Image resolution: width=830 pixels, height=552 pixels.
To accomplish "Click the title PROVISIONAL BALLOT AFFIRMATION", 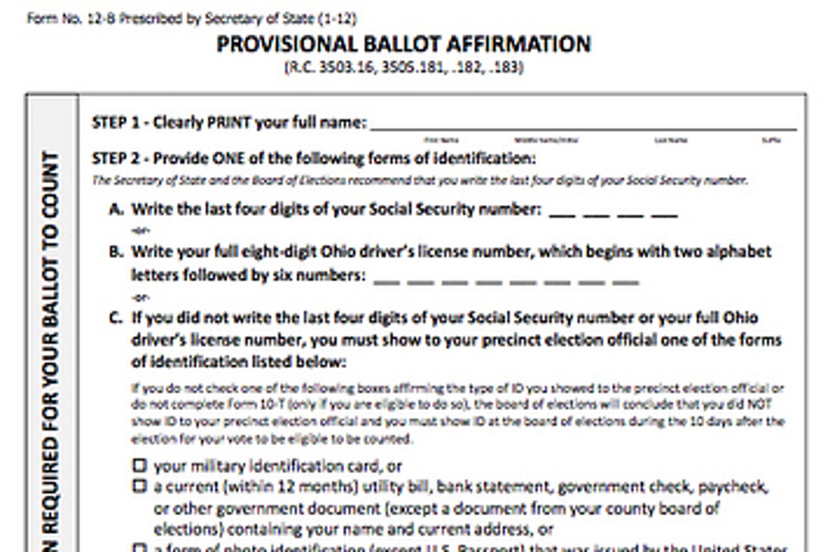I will [403, 44].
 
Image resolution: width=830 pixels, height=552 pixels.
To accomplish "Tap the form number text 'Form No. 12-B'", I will [70, 19].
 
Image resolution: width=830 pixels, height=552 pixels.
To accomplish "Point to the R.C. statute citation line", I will [403, 68].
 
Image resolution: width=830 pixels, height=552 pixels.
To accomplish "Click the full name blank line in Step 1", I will [583, 127].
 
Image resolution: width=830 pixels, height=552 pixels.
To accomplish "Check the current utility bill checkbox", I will [140, 487].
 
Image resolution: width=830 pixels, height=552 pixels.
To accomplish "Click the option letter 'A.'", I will [117, 209].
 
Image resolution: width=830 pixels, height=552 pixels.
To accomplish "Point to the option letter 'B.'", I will [117, 251].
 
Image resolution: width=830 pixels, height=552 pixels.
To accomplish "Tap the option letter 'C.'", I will [117, 318].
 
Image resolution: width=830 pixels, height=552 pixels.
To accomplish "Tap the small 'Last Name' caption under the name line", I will [671, 140].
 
